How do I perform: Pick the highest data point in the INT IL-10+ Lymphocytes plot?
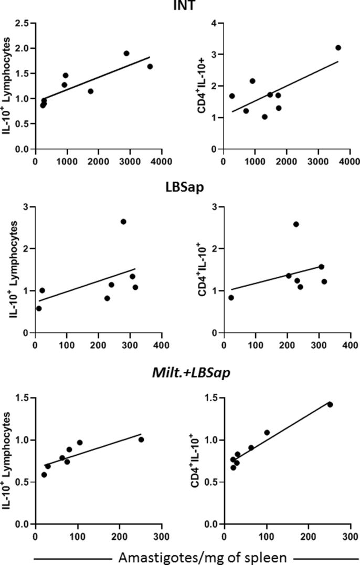(126, 54)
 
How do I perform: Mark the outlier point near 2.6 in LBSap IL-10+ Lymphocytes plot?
(123, 222)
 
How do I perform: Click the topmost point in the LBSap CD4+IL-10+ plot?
(296, 224)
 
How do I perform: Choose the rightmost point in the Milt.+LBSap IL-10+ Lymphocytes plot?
(141, 440)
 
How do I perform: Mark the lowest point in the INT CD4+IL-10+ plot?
(264, 117)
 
